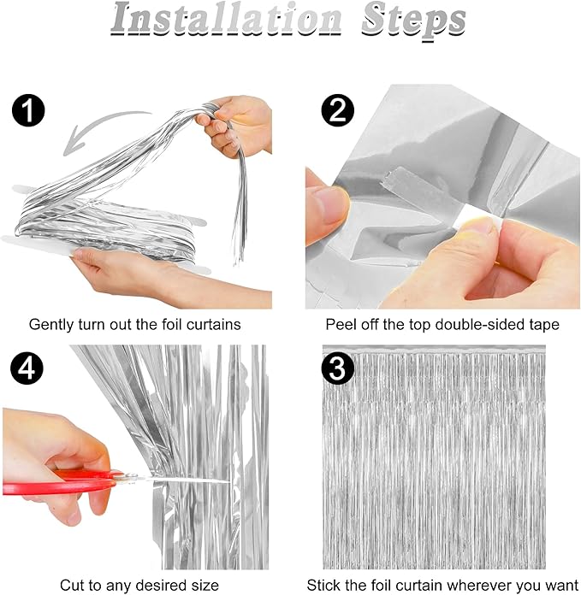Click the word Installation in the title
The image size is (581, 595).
(x=227, y=20)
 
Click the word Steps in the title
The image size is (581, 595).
(x=413, y=21)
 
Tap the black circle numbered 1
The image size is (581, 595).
(x=28, y=110)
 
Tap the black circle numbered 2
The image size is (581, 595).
(x=338, y=110)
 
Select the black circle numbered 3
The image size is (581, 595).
(x=338, y=368)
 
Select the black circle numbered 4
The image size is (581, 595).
(x=27, y=368)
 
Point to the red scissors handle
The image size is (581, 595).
(x=57, y=483)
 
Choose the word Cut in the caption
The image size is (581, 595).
(x=72, y=585)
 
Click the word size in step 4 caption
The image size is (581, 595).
(x=206, y=585)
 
